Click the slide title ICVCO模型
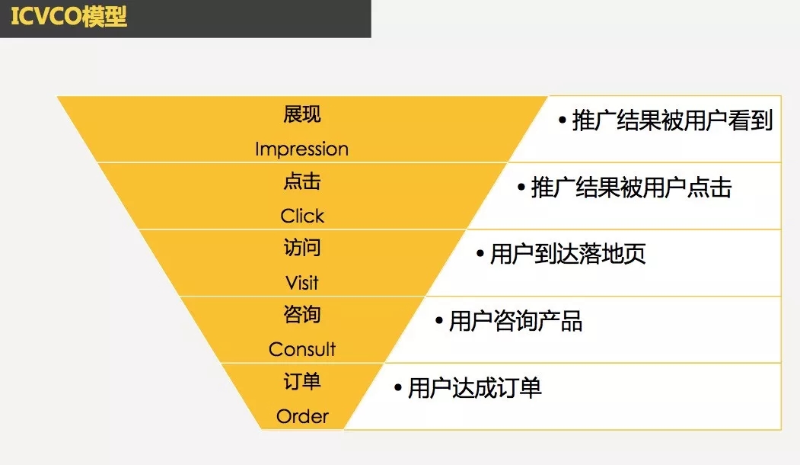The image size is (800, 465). pos(69,16)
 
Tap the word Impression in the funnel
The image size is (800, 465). pos(301,149)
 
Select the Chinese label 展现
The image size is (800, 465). pos(302,114)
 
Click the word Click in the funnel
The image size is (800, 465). pos(302,216)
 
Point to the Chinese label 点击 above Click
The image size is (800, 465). pos(302,181)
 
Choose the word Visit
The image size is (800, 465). pos(302,283)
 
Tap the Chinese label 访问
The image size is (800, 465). pos(302,247)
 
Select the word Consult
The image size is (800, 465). pos(302,350)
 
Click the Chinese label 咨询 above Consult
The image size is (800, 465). pos(302,314)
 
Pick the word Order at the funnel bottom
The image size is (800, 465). pos(302,416)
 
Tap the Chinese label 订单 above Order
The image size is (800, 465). pos(302,381)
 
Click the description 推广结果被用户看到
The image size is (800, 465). pos(672,120)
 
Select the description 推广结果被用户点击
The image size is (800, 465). pos(632,188)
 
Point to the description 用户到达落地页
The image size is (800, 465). pos(568,254)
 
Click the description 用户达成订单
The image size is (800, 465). pos(474,388)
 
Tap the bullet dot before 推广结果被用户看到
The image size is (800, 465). pos(563,121)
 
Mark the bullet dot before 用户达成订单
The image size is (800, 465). pos(398,388)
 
